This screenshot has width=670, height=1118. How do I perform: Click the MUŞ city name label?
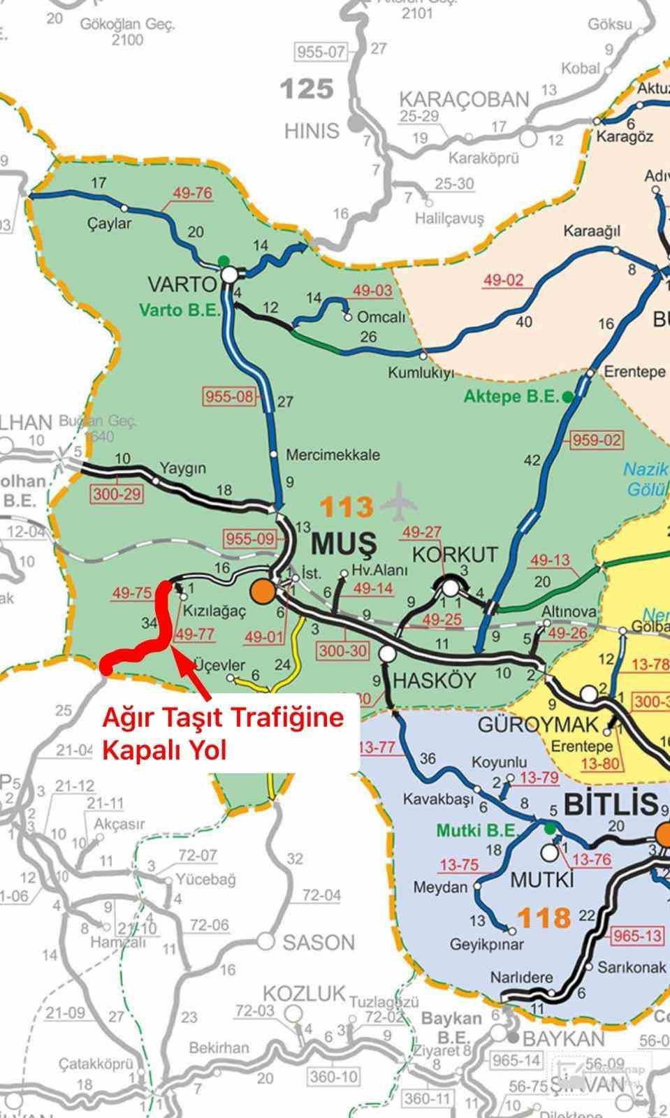tap(344, 542)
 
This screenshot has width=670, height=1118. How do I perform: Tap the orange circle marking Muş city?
tap(263, 591)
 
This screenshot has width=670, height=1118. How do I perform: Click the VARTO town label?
tap(182, 284)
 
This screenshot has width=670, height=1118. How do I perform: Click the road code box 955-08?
tap(229, 396)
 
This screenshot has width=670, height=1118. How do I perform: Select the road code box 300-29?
tap(116, 494)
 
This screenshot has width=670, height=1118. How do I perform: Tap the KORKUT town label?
tap(455, 555)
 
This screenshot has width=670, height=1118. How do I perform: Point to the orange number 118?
tap(545, 917)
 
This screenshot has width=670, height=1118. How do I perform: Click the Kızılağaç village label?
tap(214, 611)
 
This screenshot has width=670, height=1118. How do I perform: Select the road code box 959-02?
tap(597, 440)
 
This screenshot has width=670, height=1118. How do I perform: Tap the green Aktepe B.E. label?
tap(512, 396)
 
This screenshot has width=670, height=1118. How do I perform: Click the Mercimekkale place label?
tap(333, 455)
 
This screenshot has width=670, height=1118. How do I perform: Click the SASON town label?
tap(319, 943)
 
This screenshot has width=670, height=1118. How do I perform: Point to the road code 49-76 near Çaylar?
tap(192, 193)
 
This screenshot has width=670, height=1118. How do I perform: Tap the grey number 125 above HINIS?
tap(307, 89)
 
